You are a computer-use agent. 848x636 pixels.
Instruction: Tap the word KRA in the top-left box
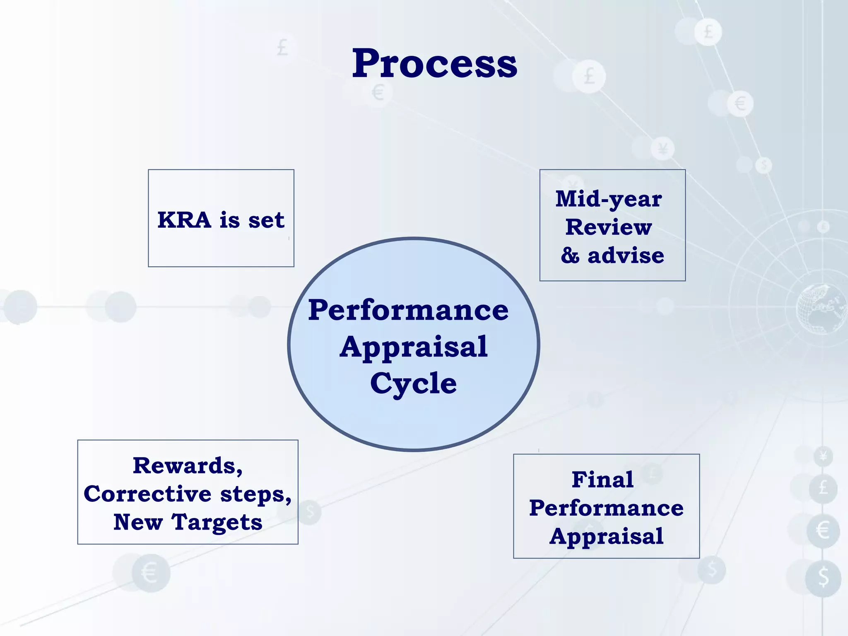[184, 220]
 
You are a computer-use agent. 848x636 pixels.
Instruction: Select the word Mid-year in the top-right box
[608, 200]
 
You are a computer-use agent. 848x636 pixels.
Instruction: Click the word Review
[608, 227]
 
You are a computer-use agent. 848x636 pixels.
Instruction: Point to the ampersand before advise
[570, 255]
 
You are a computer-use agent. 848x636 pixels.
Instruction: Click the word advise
[626, 255]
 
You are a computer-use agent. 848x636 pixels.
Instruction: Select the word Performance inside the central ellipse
[408, 310]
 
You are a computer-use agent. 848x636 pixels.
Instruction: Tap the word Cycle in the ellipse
[413, 383]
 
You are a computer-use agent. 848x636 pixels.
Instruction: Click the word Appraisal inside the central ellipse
[413, 347]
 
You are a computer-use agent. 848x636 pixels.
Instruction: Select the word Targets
[217, 522]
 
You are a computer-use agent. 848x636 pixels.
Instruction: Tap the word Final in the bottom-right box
[602, 480]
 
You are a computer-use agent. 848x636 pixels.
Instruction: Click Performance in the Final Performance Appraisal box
[606, 508]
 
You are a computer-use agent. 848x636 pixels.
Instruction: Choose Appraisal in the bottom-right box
[606, 536]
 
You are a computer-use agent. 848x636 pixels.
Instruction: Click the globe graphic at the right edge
[820, 308]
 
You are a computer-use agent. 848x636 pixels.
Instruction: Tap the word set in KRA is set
[266, 220]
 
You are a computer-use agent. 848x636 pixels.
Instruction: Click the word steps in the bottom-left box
[255, 494]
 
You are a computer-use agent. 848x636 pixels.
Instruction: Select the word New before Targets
[138, 522]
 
